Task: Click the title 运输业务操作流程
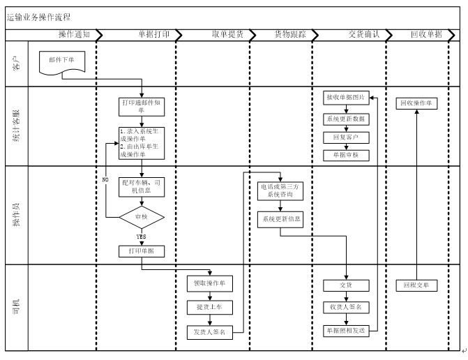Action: coord(38,17)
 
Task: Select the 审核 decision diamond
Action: coord(142,218)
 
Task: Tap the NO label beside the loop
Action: coord(105,179)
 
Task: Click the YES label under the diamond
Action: coord(141,237)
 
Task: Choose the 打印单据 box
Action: coord(142,250)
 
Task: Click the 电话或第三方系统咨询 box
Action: coord(279,190)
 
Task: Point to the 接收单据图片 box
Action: coord(346,97)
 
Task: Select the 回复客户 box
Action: coord(346,137)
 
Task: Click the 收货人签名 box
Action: coord(346,307)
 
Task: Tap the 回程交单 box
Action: coord(416,285)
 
